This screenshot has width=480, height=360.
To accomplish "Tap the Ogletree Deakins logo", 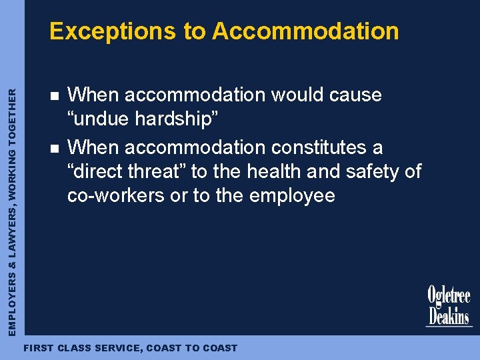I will [x=449, y=306].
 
